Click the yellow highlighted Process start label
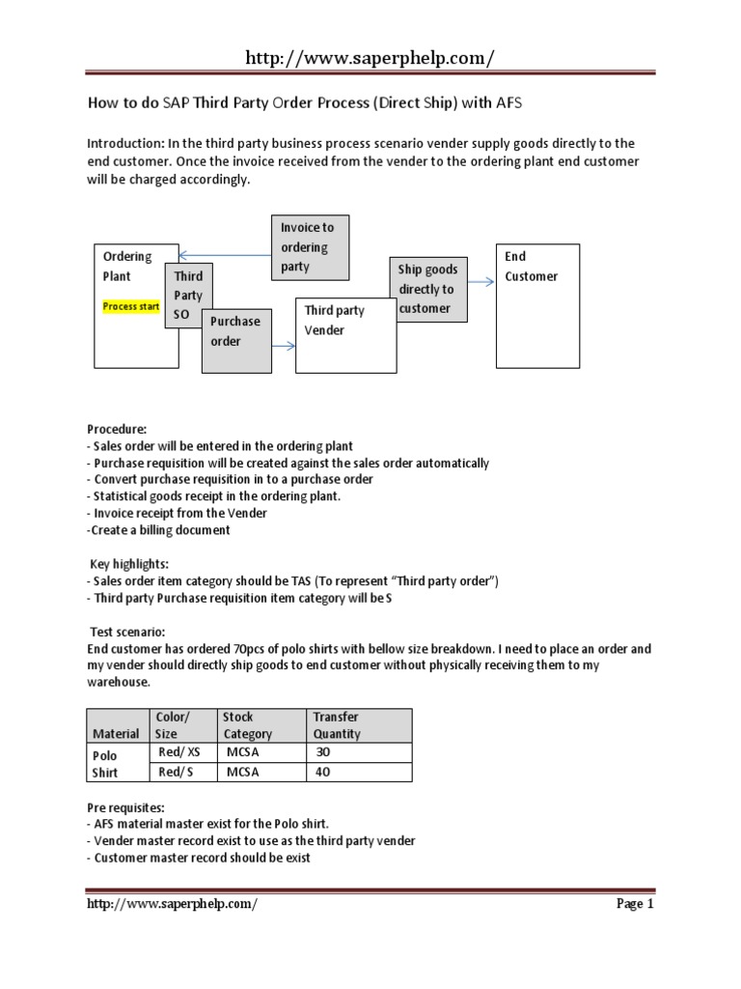click(x=131, y=306)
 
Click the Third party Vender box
click(x=344, y=334)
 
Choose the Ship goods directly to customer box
click(x=427, y=289)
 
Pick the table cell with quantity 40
click(x=361, y=772)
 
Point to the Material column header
click(x=116, y=733)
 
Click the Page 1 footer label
click(x=634, y=904)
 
